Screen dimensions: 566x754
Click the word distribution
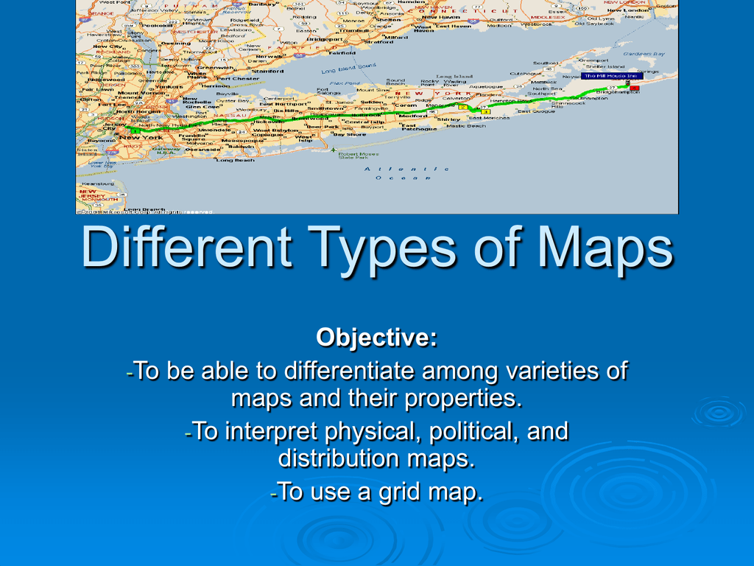(x=339, y=458)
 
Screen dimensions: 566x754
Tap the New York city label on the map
(x=141, y=137)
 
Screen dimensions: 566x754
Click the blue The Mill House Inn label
(x=611, y=76)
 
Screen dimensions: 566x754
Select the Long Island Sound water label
(x=348, y=69)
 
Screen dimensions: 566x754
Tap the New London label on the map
(x=626, y=10)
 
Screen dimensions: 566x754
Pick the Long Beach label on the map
(x=235, y=160)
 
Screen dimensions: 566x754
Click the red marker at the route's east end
(x=635, y=88)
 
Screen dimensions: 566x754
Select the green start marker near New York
(x=135, y=130)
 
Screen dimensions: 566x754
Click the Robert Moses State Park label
(x=358, y=155)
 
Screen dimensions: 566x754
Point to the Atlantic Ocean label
(x=406, y=173)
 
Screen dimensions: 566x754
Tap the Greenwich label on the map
(x=215, y=68)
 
